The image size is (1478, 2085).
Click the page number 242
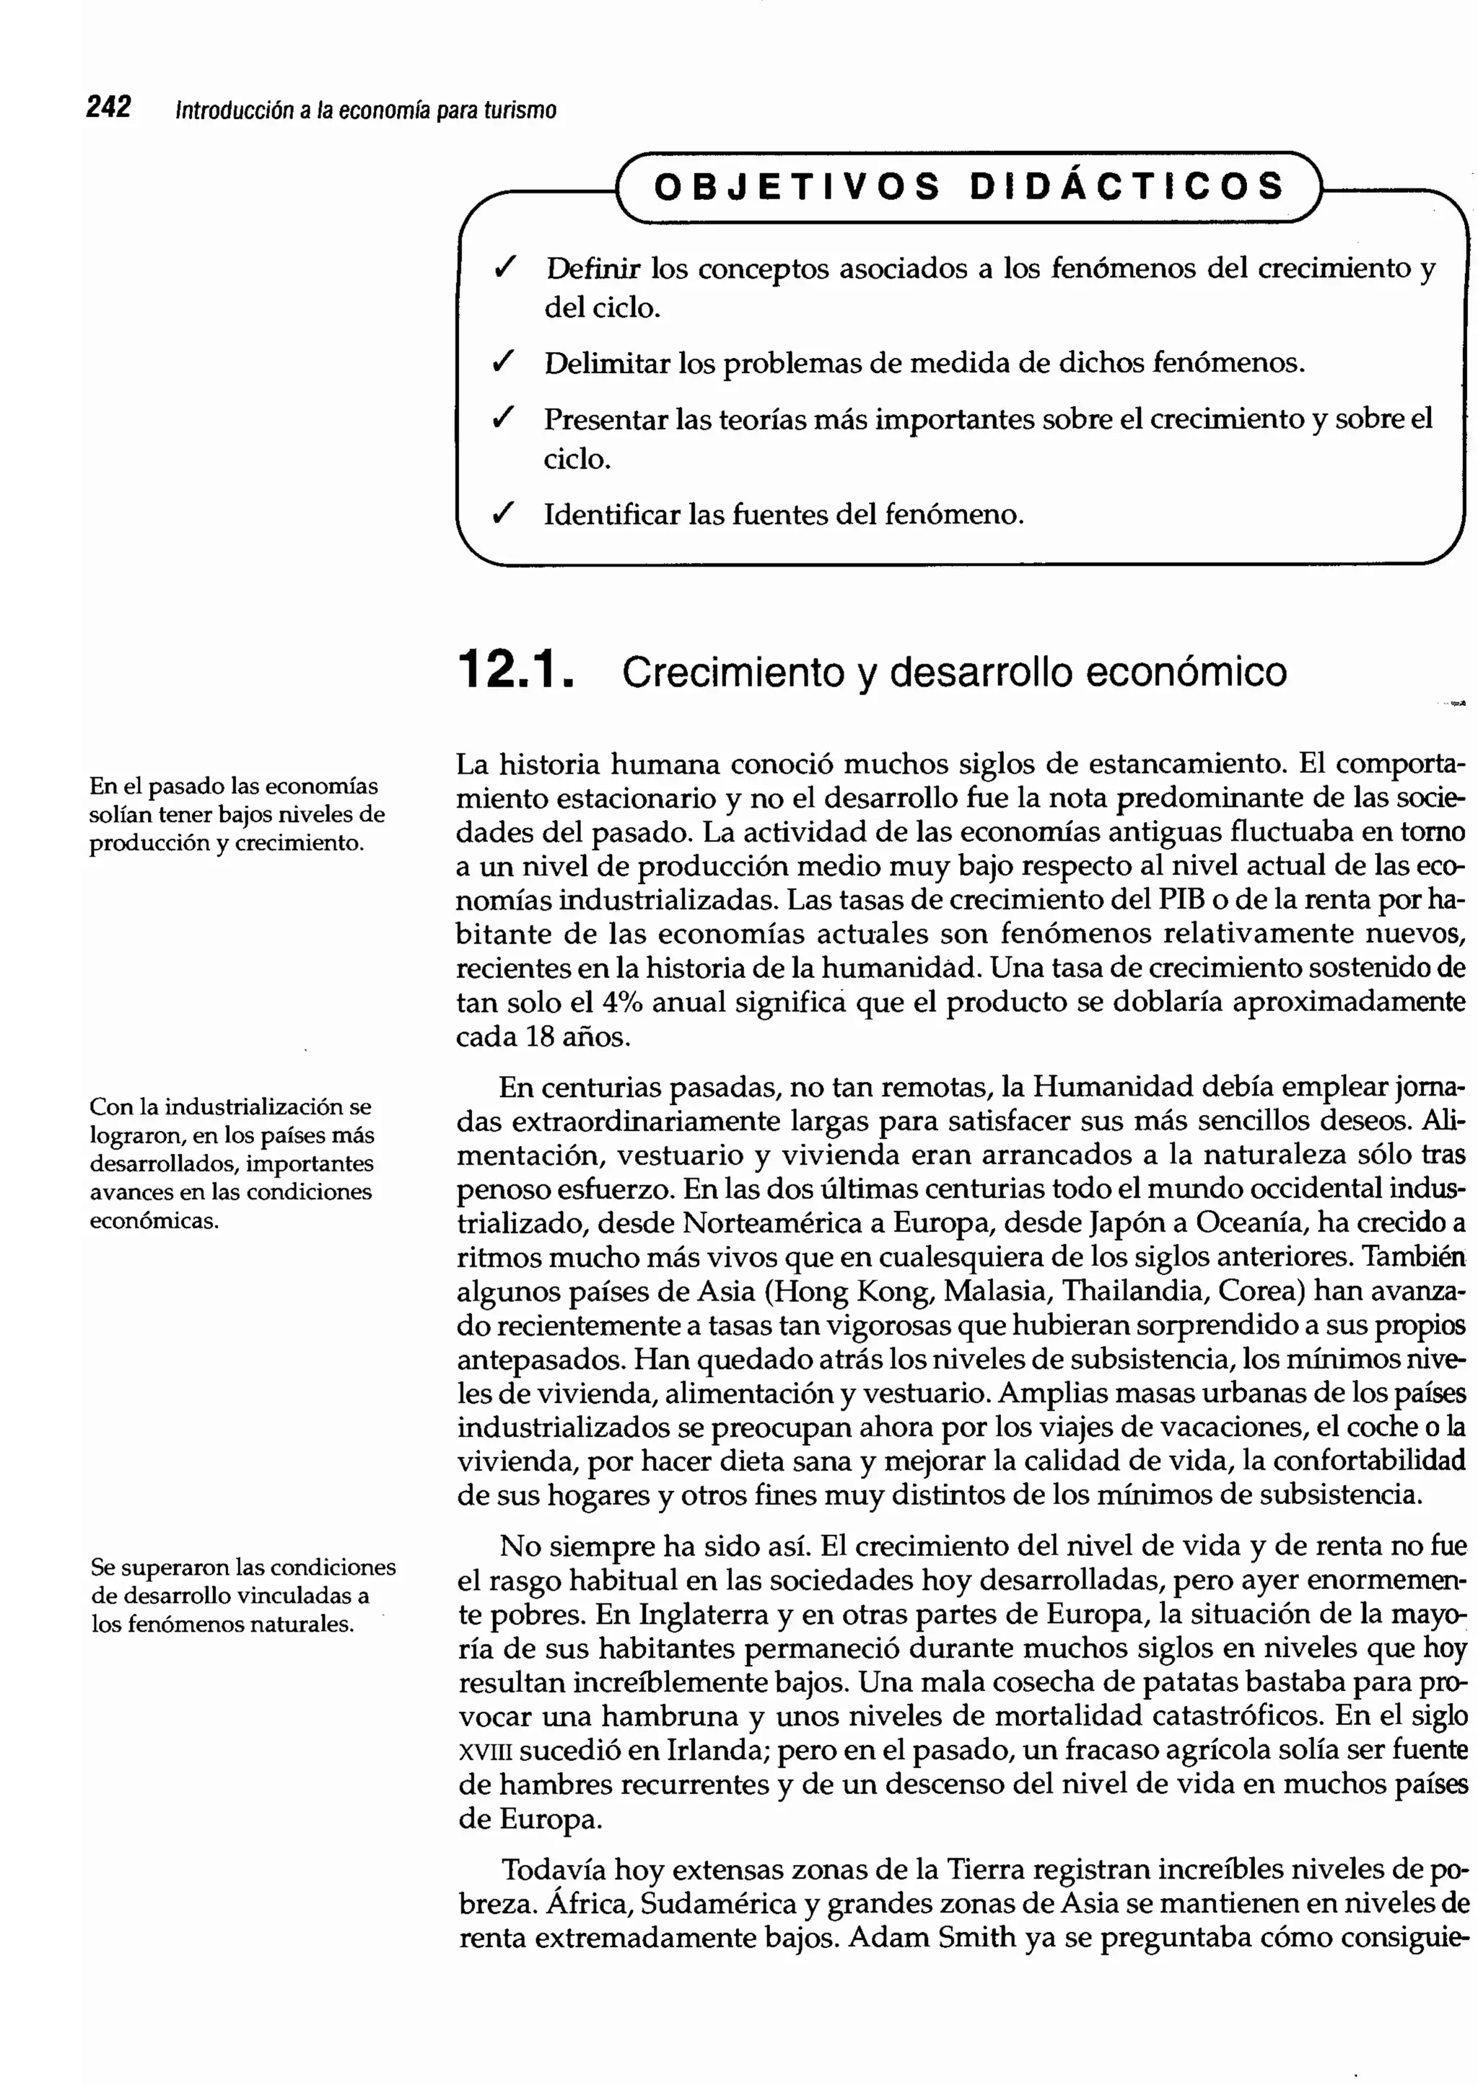pos(108,108)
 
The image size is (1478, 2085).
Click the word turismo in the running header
pos(520,111)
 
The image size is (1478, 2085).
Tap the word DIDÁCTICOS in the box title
pos(1127,187)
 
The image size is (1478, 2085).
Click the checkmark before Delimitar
pos(503,363)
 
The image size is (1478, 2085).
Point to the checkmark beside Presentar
pos(503,419)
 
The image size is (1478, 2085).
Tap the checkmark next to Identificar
pos(503,514)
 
